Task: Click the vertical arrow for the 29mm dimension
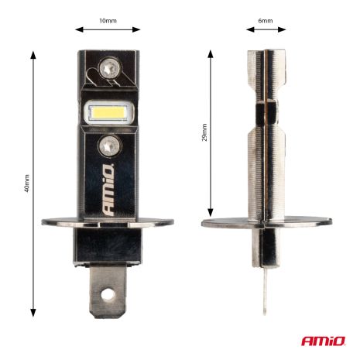pos(211,132)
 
